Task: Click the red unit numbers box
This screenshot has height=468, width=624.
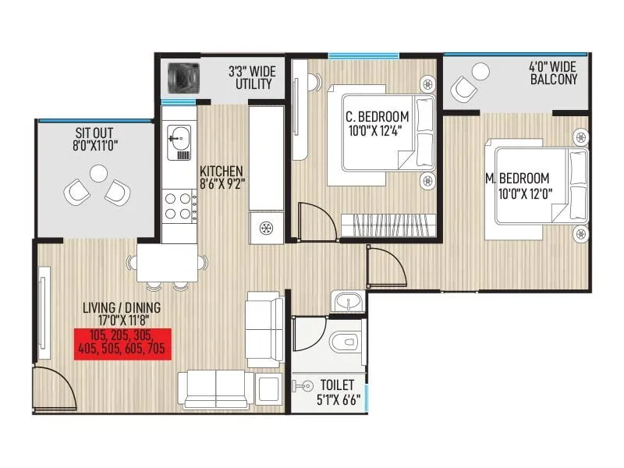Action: (x=122, y=342)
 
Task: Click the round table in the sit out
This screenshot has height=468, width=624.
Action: (x=98, y=173)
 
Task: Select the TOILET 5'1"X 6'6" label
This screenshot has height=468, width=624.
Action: (x=338, y=392)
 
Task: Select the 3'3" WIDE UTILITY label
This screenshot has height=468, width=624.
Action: (x=250, y=76)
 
